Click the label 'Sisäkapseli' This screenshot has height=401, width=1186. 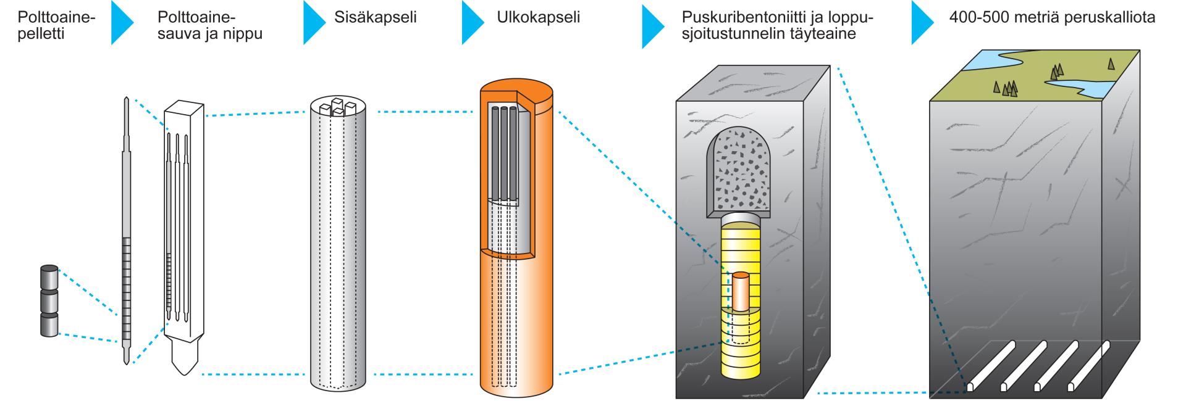[375, 17]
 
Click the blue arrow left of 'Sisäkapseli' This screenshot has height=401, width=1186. [313, 22]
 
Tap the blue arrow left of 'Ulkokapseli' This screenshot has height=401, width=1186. [472, 22]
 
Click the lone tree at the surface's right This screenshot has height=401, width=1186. [1111, 62]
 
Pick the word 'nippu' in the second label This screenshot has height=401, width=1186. [244, 34]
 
